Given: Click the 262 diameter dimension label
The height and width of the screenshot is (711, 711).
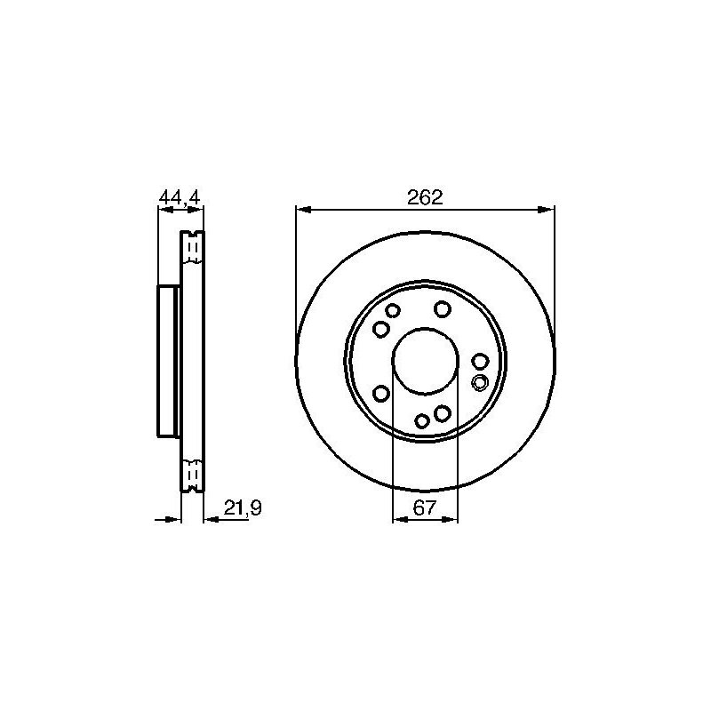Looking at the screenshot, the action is [425, 197].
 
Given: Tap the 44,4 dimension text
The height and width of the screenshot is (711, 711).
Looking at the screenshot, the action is [180, 197].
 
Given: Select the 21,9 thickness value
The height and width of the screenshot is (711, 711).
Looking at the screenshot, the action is [243, 507].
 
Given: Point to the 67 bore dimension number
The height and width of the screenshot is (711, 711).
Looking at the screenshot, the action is [425, 507].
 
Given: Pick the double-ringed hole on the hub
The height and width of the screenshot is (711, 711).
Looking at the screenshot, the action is [480, 382].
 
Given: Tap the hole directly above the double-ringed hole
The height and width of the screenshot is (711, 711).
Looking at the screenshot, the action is [480, 362].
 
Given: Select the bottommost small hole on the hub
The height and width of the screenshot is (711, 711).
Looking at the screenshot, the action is [422, 421].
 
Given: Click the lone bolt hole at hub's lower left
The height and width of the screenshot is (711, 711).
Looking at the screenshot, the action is [381, 393].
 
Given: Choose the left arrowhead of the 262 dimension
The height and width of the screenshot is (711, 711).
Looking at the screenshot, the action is [303, 210].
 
